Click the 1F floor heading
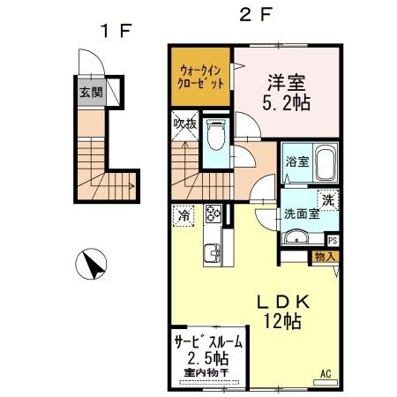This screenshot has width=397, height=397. (115, 30)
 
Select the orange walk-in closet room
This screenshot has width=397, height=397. (202, 77)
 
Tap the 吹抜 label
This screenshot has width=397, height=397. (184, 124)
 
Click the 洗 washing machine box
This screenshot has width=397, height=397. (326, 199)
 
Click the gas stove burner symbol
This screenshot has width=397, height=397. (213, 213)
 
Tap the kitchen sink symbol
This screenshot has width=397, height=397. (212, 254)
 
